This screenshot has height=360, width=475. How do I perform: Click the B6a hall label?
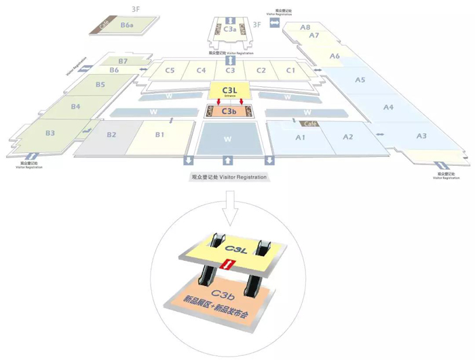click(127, 25)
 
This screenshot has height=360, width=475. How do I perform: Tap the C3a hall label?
click(230, 29)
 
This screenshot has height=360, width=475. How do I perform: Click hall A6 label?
click(335, 56)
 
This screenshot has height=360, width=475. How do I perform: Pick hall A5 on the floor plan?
click(360, 80)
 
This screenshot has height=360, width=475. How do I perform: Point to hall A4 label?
click(388, 107)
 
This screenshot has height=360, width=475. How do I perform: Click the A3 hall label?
click(421, 136)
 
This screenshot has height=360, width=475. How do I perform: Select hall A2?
click(347, 137)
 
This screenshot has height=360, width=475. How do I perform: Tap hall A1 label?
click(299, 137)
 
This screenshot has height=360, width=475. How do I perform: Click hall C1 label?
click(290, 70)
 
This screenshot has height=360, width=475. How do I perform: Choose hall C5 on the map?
click(170, 70)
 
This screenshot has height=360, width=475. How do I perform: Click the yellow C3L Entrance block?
click(229, 91)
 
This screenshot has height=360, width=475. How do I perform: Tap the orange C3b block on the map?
click(229, 111)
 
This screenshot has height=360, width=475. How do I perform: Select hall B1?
click(160, 134)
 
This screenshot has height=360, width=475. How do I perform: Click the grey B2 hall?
click(112, 134)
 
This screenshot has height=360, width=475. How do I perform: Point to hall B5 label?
click(100, 85)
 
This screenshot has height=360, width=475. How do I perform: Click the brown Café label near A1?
click(311, 124)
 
